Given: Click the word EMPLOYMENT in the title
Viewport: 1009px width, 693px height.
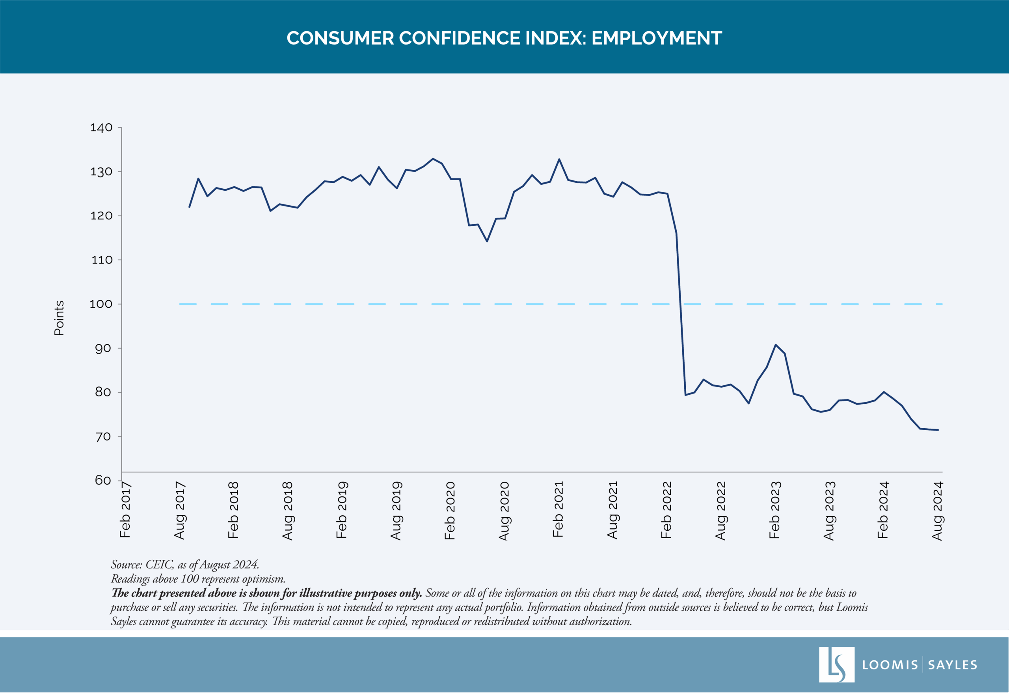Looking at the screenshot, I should point(656,38).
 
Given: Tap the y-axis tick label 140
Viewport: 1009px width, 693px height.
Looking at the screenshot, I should point(101,128).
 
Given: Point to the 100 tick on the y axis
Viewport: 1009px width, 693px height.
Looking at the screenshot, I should point(101,304).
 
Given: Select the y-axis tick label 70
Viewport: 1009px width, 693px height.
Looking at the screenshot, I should point(102,437).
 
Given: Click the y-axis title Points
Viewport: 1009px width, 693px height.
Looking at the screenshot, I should point(59,318).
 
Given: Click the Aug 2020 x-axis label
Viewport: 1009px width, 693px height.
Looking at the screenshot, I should point(504,511).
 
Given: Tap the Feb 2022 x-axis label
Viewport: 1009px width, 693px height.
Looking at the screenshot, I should point(666,510).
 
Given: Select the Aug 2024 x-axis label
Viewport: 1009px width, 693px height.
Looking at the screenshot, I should point(937,511).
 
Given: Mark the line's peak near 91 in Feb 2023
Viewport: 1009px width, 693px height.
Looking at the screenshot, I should point(775,345).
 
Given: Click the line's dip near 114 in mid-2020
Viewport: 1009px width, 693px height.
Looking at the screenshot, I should point(487,242).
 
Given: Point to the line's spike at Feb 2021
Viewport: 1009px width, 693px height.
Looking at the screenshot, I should point(559,159).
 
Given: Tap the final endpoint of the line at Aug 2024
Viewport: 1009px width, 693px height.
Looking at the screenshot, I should point(938,430).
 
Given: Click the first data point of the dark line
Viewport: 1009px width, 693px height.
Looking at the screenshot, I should point(189,207).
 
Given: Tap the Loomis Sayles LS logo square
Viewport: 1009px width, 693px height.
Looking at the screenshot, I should point(836,665).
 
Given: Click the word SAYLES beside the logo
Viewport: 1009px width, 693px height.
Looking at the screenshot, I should point(952,665).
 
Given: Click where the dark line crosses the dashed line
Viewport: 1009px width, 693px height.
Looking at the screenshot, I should point(680,304).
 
